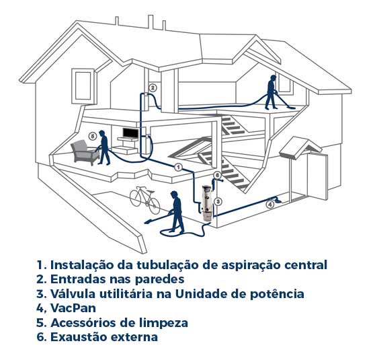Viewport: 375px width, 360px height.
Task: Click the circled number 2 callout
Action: click(153, 88)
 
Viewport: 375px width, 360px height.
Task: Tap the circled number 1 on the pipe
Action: click(178, 167)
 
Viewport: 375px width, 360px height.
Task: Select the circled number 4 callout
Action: click(270, 205)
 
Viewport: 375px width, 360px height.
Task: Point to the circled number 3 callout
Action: click(218, 202)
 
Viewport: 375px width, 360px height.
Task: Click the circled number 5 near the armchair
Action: click(93, 137)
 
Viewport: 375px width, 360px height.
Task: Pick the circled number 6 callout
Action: click(216, 176)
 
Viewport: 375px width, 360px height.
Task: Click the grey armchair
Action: click(85, 152)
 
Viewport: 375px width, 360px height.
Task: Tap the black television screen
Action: click(130, 133)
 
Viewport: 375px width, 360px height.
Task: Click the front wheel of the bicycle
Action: click(155, 206)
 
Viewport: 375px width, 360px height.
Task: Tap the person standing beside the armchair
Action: click(104, 147)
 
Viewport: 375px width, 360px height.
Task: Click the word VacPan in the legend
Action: click(73, 308)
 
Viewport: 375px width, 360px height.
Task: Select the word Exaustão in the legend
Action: click(79, 336)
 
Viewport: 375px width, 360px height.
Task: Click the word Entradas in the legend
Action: click(78, 279)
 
